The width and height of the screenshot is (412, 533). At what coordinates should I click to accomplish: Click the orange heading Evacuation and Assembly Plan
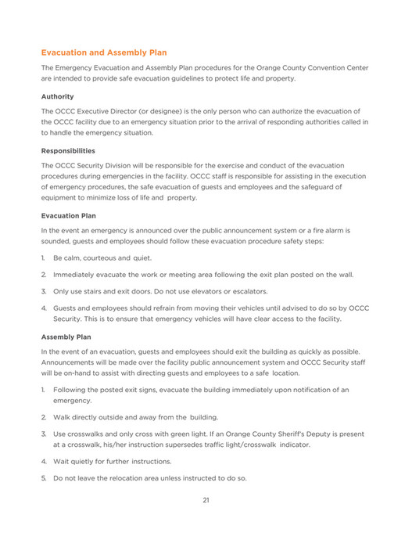104,52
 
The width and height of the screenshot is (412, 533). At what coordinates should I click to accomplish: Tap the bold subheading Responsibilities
68,150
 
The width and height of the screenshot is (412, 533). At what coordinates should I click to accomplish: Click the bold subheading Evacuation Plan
68,215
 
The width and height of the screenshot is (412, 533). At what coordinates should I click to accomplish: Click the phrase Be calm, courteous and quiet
102,257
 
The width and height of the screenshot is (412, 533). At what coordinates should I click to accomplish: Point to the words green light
167,433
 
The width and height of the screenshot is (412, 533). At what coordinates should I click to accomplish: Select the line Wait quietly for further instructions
107,462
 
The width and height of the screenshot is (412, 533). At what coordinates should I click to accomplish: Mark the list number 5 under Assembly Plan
44,477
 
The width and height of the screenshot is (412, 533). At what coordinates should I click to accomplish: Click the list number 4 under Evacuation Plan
44,308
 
